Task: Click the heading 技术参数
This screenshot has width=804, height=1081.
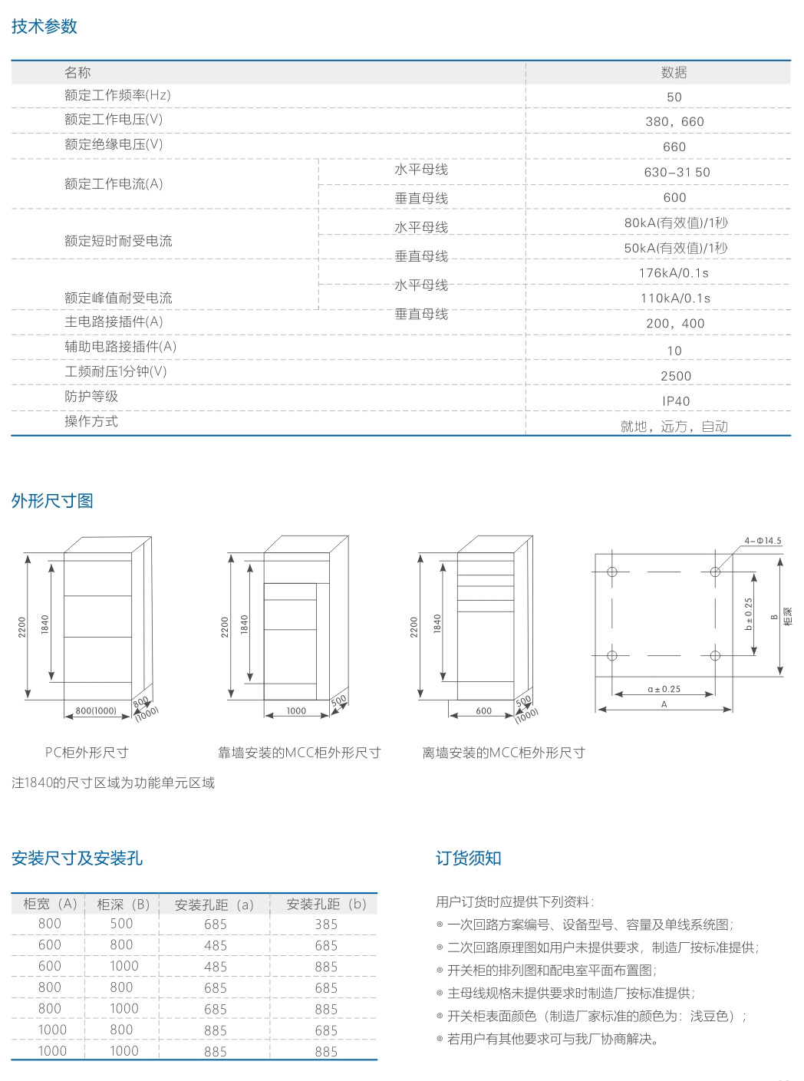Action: coord(44,26)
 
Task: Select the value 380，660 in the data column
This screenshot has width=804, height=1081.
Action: coord(675,121)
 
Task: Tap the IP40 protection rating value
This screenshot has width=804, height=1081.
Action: coord(676,401)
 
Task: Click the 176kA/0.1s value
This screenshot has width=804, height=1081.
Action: coord(674,273)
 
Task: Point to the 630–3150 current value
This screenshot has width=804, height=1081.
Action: coord(677,172)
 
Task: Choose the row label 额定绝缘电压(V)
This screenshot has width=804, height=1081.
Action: coord(114,144)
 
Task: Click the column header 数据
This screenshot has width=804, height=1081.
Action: coord(674,73)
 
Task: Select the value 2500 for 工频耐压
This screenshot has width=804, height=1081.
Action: coord(676,376)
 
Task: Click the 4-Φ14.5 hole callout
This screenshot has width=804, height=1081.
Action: coord(763,540)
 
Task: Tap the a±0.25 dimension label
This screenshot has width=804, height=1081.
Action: coord(664,689)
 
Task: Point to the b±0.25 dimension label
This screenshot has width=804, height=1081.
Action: coord(749,614)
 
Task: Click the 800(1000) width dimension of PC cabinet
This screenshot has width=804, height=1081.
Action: coord(96,710)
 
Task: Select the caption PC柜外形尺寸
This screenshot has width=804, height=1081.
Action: coord(87,753)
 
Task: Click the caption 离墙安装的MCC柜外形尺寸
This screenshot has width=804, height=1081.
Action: coord(504,753)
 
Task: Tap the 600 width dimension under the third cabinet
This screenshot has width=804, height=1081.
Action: coord(483,711)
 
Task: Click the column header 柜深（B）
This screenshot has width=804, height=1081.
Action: coord(123,905)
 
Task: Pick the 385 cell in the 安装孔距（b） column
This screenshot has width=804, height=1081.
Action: coord(326,924)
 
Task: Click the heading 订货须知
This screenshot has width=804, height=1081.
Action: coord(469,859)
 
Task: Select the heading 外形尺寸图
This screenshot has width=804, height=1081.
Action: coord(52,501)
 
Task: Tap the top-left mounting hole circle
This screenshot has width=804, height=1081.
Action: coord(612,572)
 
